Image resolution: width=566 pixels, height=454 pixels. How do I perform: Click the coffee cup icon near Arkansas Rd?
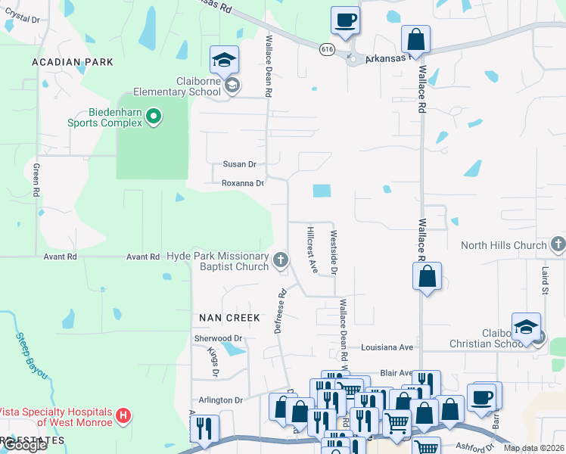(345, 20)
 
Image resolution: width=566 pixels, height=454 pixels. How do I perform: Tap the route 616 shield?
(327, 49)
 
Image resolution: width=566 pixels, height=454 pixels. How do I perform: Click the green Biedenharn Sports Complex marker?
(154, 116)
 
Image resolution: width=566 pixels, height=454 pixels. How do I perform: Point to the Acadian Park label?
(73, 62)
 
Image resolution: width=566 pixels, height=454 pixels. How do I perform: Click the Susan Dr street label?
(239, 164)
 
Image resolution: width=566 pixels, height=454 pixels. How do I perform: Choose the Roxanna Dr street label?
(242, 183)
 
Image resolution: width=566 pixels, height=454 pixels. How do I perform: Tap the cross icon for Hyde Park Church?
(281, 261)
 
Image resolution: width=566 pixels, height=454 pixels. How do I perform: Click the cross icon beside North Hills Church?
(558, 244)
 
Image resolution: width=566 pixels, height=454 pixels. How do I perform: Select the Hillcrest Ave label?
(312, 248)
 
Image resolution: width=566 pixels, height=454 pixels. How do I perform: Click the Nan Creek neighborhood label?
(230, 318)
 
